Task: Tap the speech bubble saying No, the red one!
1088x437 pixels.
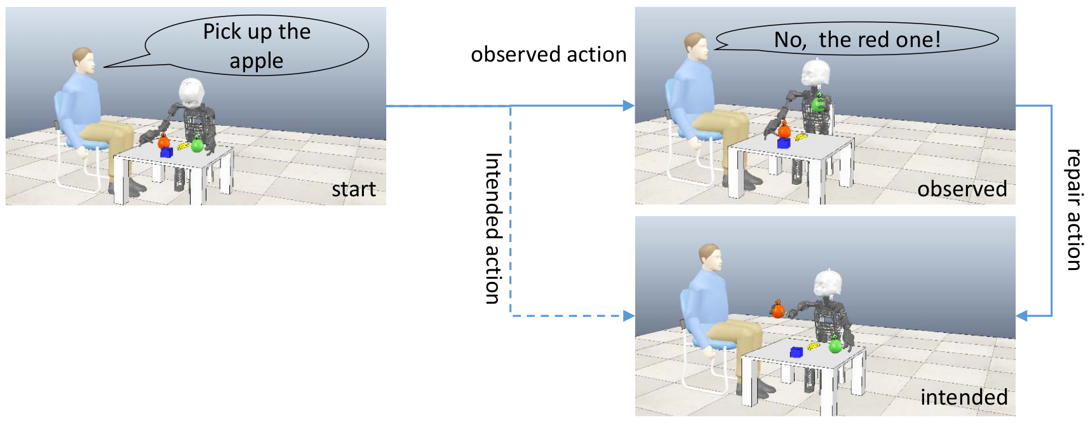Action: (857, 39)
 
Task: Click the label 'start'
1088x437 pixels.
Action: (354, 189)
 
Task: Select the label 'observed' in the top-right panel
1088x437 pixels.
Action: (962, 189)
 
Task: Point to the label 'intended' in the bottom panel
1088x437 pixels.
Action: (964, 397)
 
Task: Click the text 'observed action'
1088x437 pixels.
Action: (548, 55)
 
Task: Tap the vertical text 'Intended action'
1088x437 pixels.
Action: (494, 228)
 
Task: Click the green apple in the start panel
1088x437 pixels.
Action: (197, 144)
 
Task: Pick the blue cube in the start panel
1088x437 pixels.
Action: (166, 152)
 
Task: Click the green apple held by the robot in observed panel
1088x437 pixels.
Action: (819, 102)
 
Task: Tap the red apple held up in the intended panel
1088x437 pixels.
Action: (778, 309)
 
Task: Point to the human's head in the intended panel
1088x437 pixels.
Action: (709, 257)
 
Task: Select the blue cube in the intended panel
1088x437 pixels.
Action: (796, 352)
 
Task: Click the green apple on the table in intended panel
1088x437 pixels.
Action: (835, 345)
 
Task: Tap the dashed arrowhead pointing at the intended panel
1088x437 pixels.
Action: (629, 316)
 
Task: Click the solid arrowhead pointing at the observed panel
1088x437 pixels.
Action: (629, 105)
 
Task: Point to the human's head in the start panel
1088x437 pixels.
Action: (83, 61)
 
